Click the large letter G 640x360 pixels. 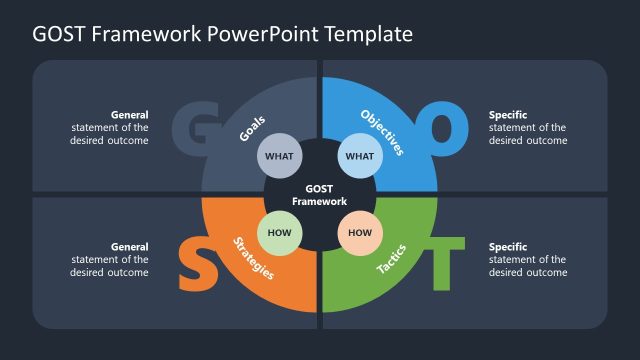click(x=189, y=126)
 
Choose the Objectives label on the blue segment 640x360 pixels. click(x=382, y=133)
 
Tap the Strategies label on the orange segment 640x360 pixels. click(x=254, y=258)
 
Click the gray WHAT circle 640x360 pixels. click(x=279, y=155)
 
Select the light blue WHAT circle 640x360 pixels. click(x=359, y=155)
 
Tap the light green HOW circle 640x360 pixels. click(x=279, y=233)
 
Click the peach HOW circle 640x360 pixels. click(x=359, y=233)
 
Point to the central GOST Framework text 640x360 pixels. click(x=319, y=194)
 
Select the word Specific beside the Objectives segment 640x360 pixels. click(x=508, y=115)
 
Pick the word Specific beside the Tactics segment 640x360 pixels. click(x=508, y=247)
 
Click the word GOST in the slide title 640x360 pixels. click(x=59, y=34)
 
